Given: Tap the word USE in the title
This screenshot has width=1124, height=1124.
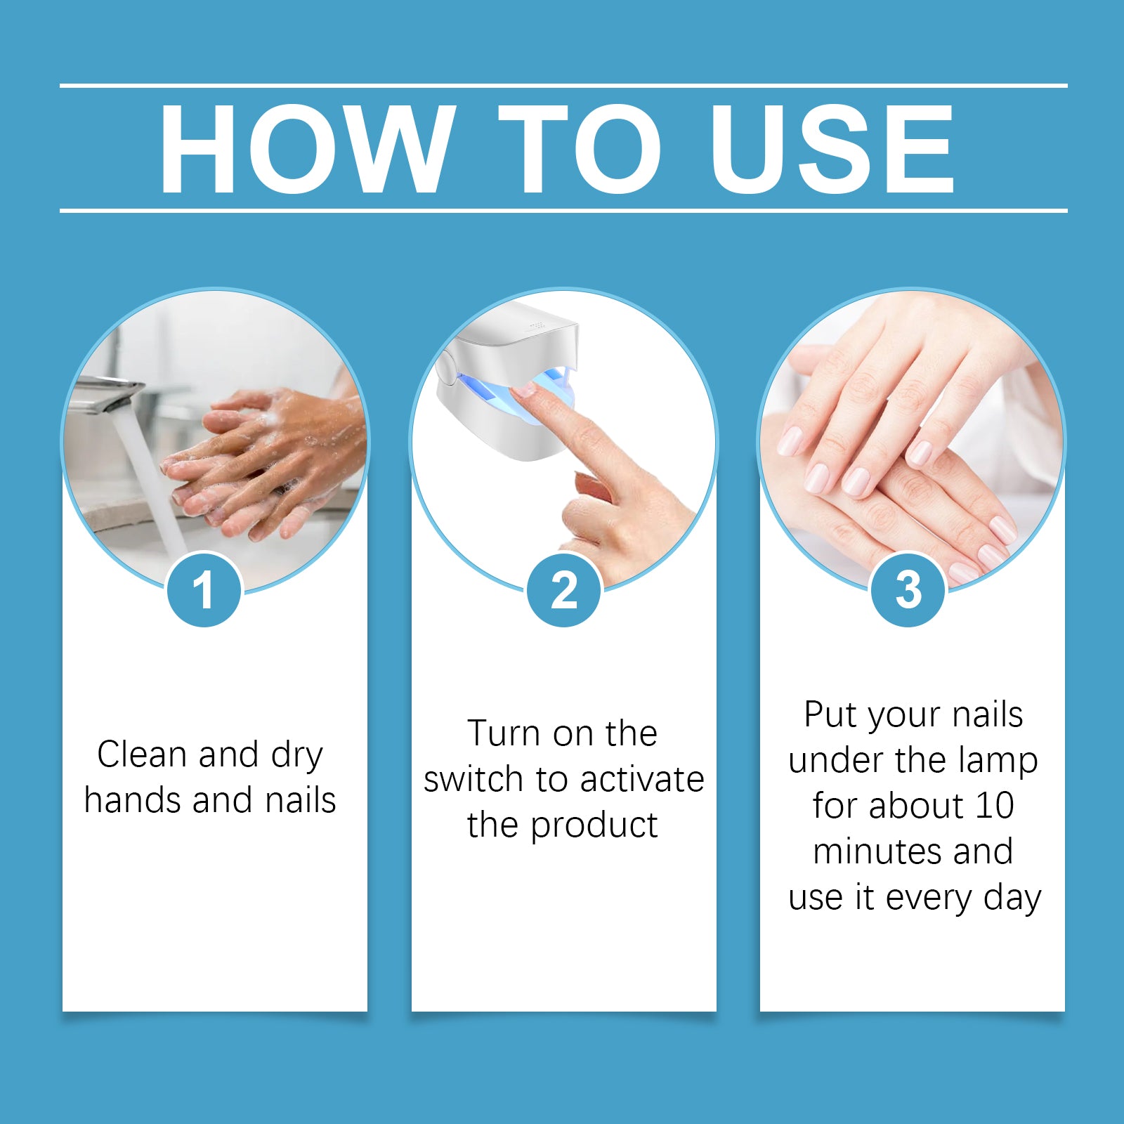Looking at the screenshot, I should (832, 149).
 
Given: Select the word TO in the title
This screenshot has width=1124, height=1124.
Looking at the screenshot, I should (580, 149).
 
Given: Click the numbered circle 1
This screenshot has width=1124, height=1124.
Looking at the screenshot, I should (204, 590).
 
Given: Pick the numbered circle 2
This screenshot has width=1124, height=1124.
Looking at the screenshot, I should (564, 590).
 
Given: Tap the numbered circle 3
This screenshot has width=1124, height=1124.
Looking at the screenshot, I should (908, 590).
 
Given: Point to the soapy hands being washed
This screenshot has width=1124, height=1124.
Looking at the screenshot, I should (267, 464).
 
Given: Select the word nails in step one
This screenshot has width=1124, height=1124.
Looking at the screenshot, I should (301, 801).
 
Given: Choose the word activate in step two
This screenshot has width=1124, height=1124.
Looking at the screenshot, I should (642, 780).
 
